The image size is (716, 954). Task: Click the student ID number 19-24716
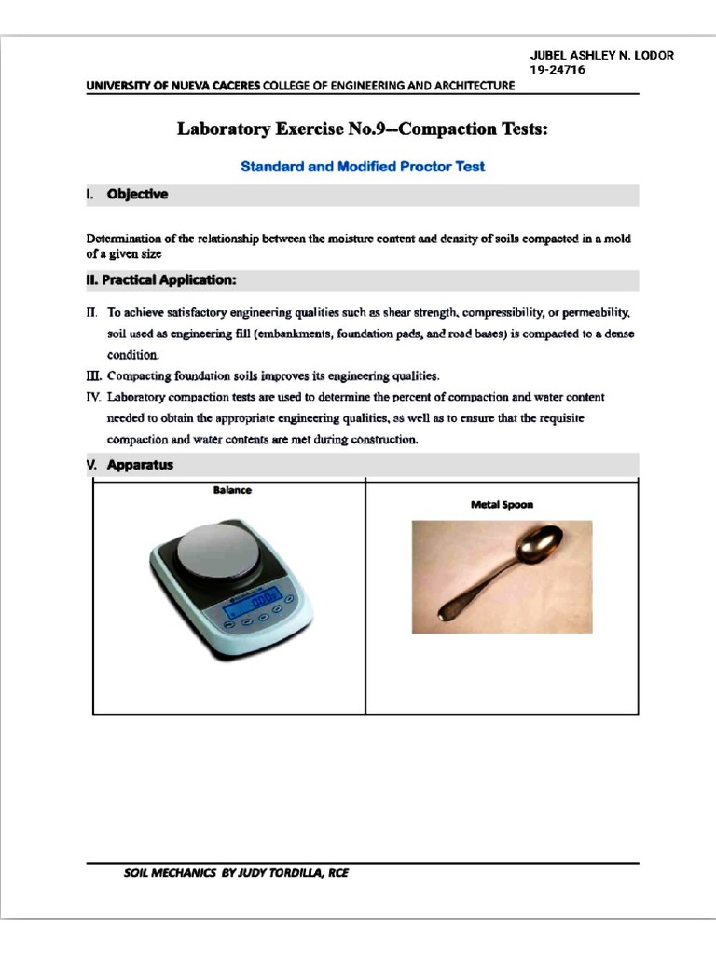[x=558, y=70]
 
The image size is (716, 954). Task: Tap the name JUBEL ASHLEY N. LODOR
[x=601, y=55]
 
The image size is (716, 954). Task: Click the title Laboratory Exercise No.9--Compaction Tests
[x=363, y=129]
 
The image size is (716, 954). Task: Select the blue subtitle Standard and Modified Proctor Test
[x=363, y=168]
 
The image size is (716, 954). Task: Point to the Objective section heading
[x=137, y=195]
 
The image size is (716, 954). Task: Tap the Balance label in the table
[x=232, y=490]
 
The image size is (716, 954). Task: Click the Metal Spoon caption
[x=502, y=504]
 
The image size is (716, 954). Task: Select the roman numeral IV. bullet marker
[x=93, y=397]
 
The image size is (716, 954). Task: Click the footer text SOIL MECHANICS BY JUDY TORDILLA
[x=235, y=874]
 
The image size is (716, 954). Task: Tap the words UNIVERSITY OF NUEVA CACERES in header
[x=173, y=86]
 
